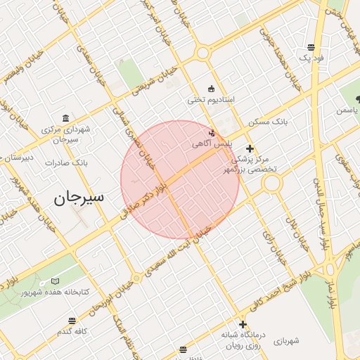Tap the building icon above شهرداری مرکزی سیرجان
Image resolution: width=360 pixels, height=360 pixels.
[x=65, y=117]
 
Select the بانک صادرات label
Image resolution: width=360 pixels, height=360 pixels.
[x=65, y=162]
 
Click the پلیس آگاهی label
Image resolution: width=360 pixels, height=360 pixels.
[x=211, y=143]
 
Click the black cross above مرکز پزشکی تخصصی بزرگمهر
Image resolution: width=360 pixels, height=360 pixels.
[x=250, y=148]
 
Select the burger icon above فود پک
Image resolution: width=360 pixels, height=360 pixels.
[x=311, y=48]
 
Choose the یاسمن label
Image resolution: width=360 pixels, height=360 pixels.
[x=347, y=110]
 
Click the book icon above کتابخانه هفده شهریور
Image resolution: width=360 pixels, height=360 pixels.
[x=55, y=282]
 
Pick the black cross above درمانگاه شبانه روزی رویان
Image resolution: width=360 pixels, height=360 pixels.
[x=243, y=324]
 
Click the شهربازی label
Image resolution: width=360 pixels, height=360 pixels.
[x=284, y=341]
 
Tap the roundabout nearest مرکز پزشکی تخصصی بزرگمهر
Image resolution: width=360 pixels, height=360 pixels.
[x=271, y=184]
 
